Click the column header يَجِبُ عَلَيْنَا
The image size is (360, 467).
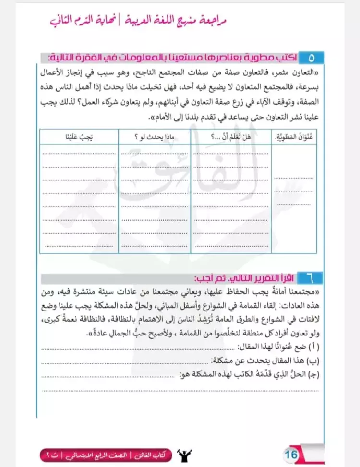[x=79, y=137]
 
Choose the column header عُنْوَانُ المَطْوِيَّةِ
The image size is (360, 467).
[x=294, y=137]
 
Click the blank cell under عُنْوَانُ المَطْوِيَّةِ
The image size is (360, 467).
[x=294, y=197]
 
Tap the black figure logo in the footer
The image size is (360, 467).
[x=183, y=454]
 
